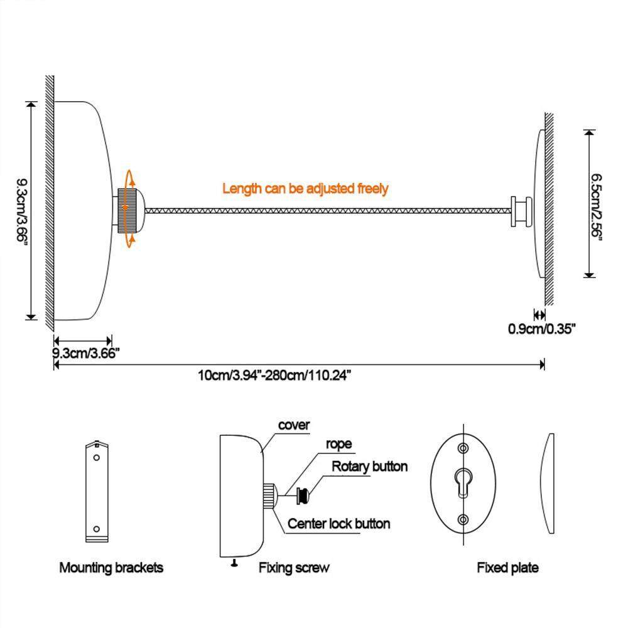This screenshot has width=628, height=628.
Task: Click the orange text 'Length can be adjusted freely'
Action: point(305,188)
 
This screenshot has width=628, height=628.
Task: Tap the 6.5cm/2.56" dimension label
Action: point(597,204)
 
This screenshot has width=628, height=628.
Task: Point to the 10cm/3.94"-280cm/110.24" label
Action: point(274,376)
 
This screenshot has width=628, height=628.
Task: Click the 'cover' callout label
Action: point(294,425)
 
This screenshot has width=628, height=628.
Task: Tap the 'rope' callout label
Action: point(338,444)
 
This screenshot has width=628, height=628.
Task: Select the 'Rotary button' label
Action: point(369,467)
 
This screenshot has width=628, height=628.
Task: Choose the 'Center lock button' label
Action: point(338,523)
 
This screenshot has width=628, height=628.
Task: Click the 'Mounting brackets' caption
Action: point(111,568)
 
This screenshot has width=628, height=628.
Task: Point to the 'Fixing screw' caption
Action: point(294,568)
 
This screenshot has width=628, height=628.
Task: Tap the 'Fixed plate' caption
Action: point(507,568)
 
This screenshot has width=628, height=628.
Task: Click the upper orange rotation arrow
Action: point(130,178)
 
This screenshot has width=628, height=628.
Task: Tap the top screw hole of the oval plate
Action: point(463,448)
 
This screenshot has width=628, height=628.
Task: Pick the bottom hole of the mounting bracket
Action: point(97,528)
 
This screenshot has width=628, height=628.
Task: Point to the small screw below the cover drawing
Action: point(234,562)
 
